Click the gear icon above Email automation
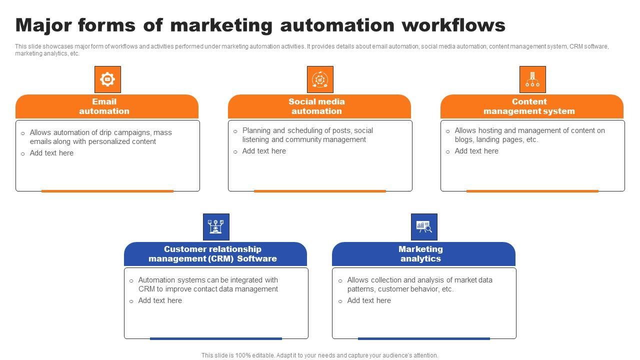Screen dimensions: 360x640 [107, 79]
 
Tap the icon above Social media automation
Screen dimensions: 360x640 [320, 79]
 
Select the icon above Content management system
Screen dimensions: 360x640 [532, 79]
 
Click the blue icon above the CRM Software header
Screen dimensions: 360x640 [216, 226]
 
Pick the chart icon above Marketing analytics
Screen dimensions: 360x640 [424, 226]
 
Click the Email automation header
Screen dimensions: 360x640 [104, 106]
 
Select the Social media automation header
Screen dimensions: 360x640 [316, 106]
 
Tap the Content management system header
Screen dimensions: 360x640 [529, 106]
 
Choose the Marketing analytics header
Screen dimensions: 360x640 [420, 254]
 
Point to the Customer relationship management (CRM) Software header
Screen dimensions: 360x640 [212, 254]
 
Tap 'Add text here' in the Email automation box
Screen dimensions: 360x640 [51, 153]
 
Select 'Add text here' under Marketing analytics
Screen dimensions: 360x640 [369, 300]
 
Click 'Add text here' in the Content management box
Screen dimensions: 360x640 [476, 151]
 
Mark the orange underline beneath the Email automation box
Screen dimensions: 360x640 [107, 191]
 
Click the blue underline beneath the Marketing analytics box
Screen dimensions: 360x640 [424, 338]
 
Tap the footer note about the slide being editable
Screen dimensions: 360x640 [320, 355]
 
